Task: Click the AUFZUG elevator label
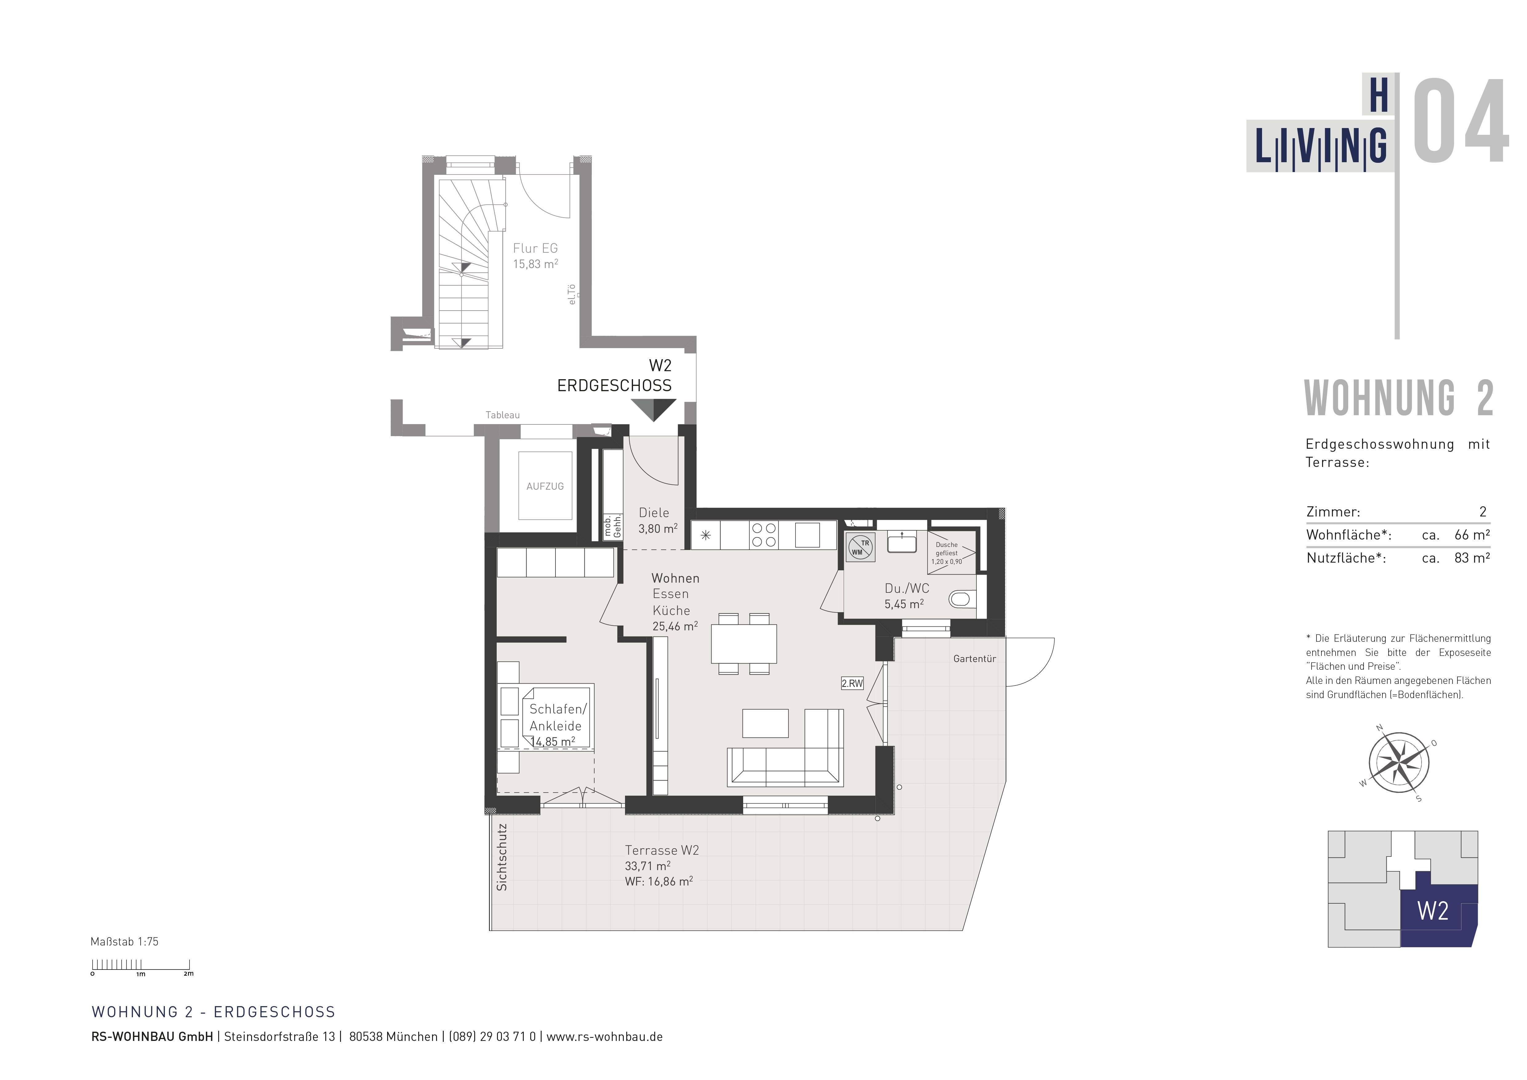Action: tap(545, 486)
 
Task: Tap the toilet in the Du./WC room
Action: tap(961, 599)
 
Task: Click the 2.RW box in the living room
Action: tap(852, 683)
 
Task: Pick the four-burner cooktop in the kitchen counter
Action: tap(763, 535)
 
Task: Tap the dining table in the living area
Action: tap(743, 643)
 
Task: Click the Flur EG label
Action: tap(535, 248)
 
